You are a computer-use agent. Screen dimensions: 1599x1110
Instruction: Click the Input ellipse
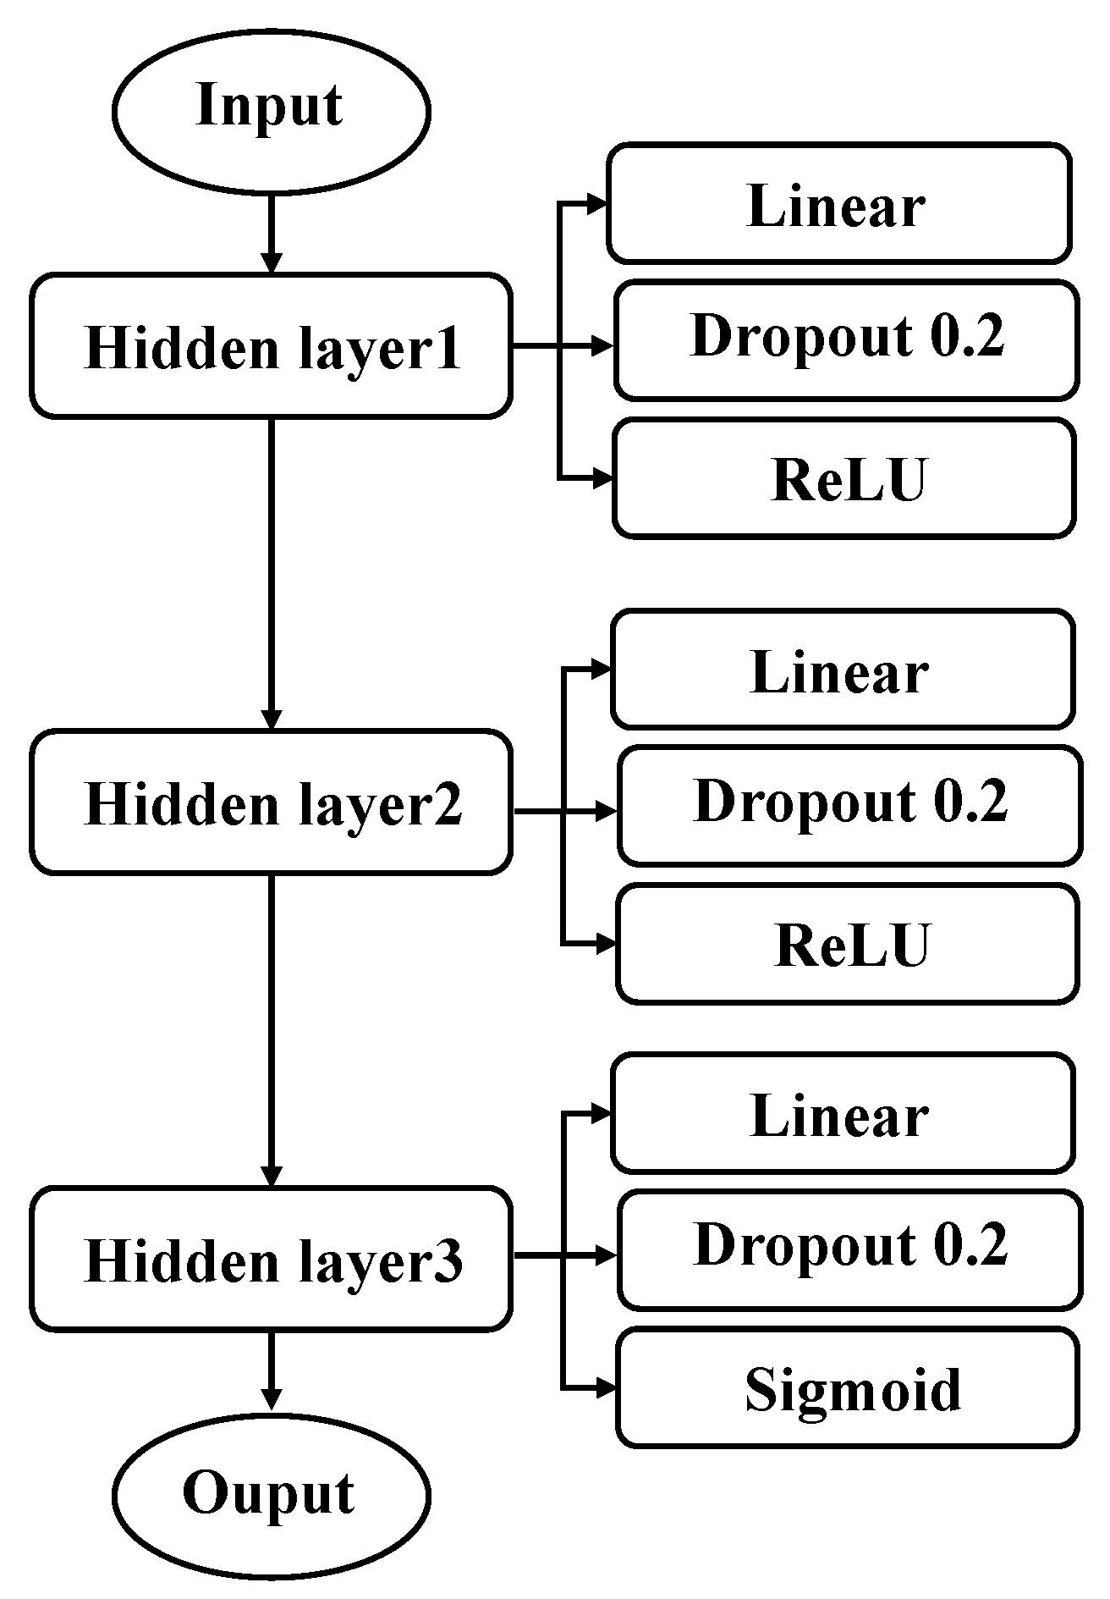pyautogui.click(x=271, y=109)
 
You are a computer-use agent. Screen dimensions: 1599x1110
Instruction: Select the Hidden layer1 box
pyautogui.click(x=271, y=345)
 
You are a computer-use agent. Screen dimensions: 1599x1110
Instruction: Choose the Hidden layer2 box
pyautogui.click(x=271, y=802)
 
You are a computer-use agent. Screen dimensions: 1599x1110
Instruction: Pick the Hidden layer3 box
pyautogui.click(x=271, y=1259)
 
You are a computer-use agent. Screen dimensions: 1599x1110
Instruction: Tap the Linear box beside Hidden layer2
pyautogui.click(x=843, y=670)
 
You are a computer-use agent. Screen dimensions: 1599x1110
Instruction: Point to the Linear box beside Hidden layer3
pyautogui.click(x=843, y=1113)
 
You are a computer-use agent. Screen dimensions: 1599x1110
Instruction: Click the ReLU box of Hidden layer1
pyautogui.click(x=844, y=479)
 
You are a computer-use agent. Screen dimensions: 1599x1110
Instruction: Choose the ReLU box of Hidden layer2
pyautogui.click(x=848, y=944)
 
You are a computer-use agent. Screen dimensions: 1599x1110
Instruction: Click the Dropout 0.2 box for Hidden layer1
pyautogui.click(x=846, y=340)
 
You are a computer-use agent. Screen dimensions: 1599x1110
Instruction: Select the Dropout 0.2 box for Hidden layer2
pyautogui.click(x=849, y=805)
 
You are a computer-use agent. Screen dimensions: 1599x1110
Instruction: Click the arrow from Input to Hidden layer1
pyautogui.click(x=271, y=233)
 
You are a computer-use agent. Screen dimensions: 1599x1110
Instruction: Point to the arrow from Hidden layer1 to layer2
pyautogui.click(x=271, y=576)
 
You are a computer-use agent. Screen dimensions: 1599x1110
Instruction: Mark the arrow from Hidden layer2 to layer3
pyautogui.click(x=271, y=1033)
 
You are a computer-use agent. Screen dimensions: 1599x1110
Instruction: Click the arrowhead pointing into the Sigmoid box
pyautogui.click(x=606, y=1387)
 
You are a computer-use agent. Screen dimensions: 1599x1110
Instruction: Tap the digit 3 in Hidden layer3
pyautogui.click(x=451, y=1260)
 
